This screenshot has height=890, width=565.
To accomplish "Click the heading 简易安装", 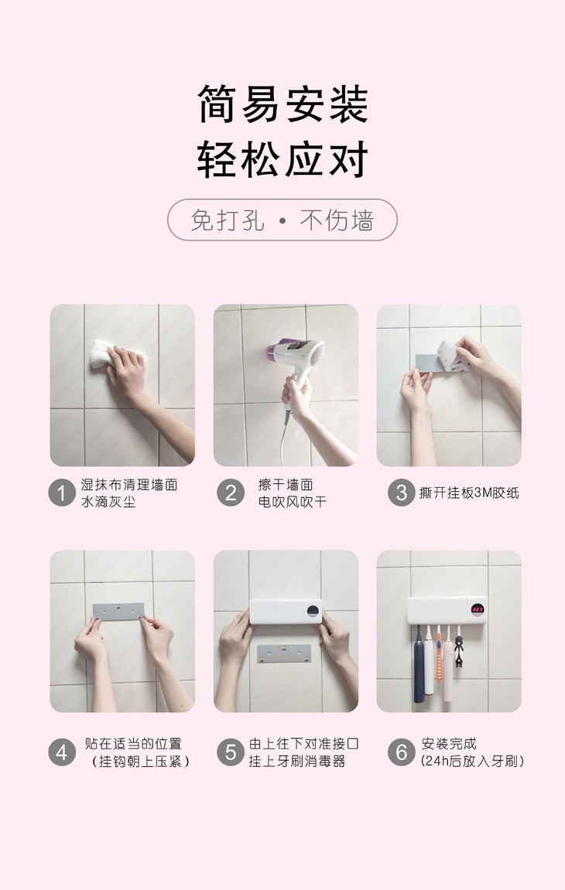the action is coord(283,104).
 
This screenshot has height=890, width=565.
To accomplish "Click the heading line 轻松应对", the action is coord(283,159).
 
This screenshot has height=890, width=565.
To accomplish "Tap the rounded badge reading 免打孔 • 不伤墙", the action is coord(282,220).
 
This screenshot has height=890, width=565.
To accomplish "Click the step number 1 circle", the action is coord(62,493).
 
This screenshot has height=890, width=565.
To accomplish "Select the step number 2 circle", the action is coord(230,493).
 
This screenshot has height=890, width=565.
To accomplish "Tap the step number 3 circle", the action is coord(401,493).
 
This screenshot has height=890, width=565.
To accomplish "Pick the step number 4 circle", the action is coord(62,752).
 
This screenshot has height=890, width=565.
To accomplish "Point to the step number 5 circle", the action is coord(230,752).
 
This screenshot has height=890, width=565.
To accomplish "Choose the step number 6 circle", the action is coord(401,752).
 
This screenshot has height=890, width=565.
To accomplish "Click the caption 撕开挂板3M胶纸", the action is coord(469,493).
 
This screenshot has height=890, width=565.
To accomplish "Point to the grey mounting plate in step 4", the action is coord(118,612).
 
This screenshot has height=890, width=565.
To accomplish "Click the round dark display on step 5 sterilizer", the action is coord(313,611).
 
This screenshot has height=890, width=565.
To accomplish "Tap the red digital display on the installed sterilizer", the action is coord(477,609).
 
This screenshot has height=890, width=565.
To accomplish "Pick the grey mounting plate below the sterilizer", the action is coord(284,653).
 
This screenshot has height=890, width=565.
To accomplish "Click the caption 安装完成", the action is coord(449,744).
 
